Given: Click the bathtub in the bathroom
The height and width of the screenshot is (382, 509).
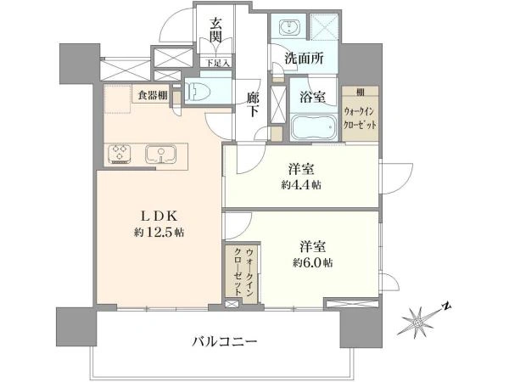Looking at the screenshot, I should coord(314,129).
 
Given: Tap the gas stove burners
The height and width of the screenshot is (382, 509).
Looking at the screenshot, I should coord(120,154).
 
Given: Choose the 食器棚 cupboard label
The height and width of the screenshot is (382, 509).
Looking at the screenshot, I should coord(154,96).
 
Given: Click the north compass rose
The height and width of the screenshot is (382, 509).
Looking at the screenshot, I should coord(417,323).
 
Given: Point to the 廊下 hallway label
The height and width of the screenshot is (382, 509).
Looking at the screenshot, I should coord(251,104).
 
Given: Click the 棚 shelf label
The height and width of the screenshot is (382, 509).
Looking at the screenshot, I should coord(360,91).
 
